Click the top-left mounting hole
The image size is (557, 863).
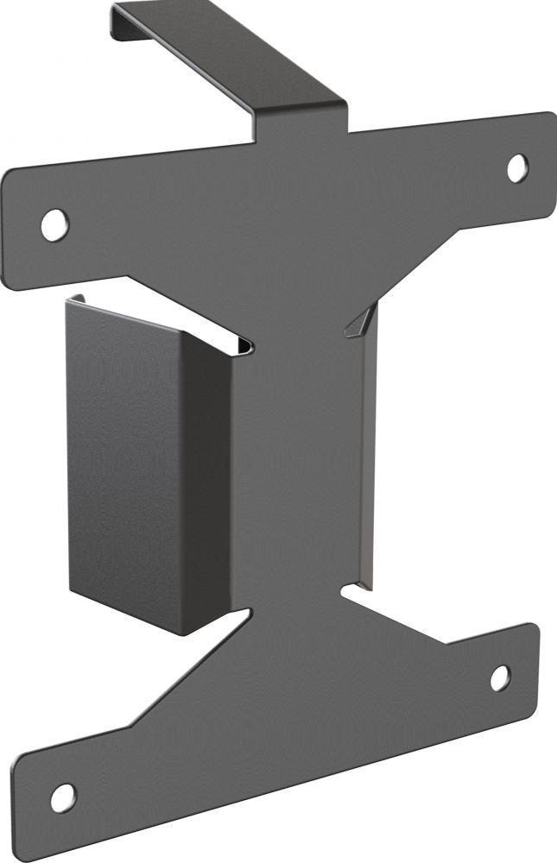click(54, 224)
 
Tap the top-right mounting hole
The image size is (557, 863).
click(517, 167)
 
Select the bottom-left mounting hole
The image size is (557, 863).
click(63, 797)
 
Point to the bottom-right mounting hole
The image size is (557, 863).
click(501, 677)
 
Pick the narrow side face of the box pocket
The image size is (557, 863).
click(206, 483)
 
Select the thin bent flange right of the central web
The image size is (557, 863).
click(369, 457)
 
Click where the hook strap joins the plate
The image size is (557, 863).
click(302, 125)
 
